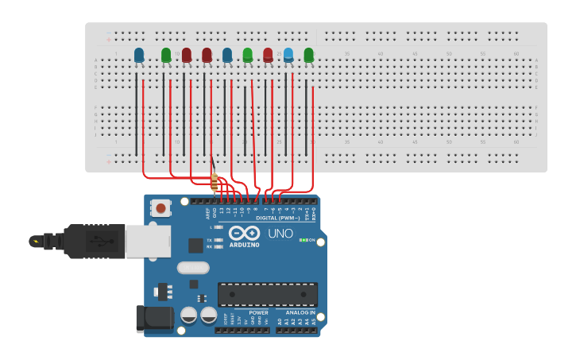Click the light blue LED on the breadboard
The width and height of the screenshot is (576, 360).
tap(288, 54)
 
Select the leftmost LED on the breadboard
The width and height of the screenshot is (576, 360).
tap(139, 55)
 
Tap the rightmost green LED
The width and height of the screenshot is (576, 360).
tap(308, 55)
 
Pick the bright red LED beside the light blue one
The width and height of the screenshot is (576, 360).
tap(268, 55)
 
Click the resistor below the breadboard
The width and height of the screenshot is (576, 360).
tap(214, 182)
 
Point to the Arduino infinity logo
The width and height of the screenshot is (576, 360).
tap(245, 233)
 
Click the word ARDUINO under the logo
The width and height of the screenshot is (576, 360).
tap(245, 245)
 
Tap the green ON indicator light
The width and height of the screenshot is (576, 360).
tap(303, 240)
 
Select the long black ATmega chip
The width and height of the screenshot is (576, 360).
tap(267, 294)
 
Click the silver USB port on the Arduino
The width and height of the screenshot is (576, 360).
tap(148, 240)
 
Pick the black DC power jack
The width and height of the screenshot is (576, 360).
tap(154, 319)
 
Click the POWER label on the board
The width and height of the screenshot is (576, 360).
tap(258, 313)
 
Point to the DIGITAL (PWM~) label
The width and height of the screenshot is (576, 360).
tap(277, 218)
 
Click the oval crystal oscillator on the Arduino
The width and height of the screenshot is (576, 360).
tap(193, 268)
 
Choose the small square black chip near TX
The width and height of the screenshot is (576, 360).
tap(195, 246)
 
